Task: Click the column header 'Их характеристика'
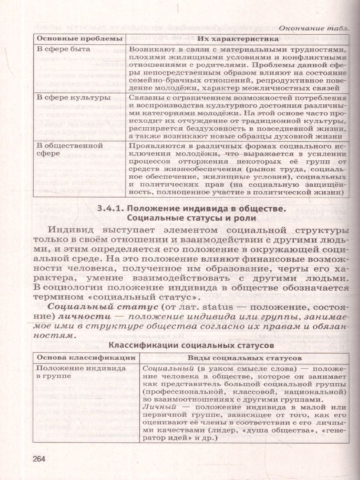238,39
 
